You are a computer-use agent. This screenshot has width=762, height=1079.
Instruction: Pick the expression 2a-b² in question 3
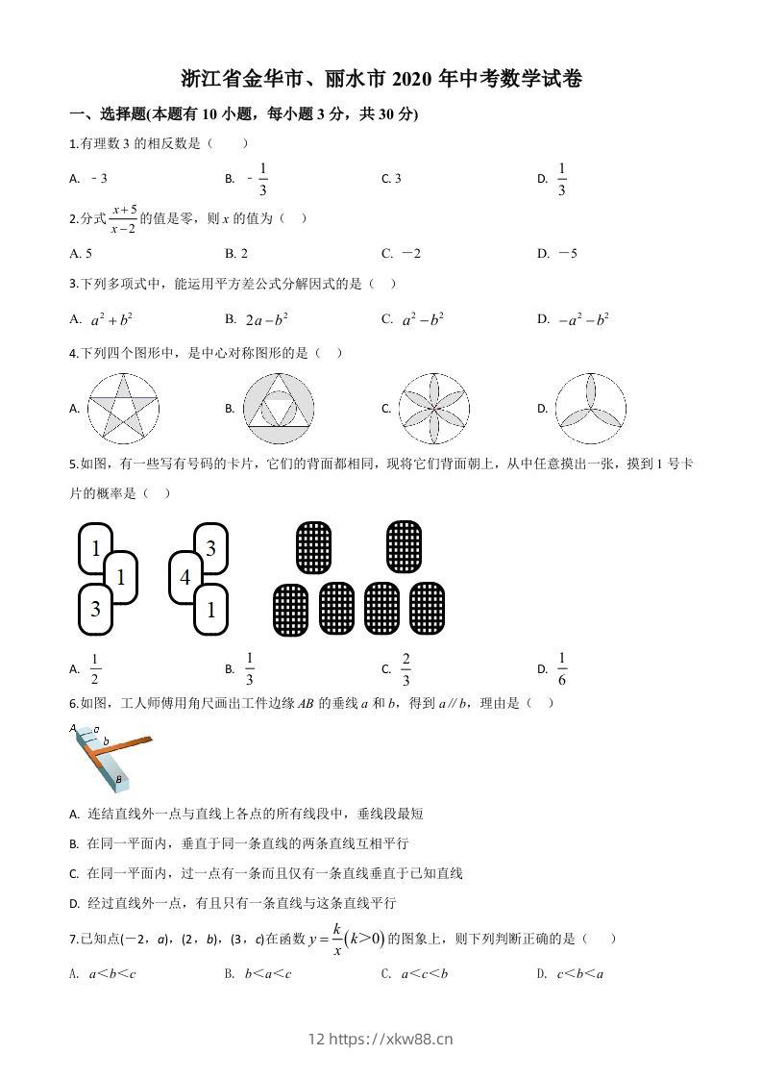pyautogui.click(x=267, y=319)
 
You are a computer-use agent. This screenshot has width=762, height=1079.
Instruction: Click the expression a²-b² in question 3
pyautogui.click(x=422, y=319)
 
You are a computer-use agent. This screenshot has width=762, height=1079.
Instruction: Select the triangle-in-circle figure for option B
pyautogui.click(x=280, y=408)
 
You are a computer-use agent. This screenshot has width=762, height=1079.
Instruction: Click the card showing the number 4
pyautogui.click(x=185, y=577)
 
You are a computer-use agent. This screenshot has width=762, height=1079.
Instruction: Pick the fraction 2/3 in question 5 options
pyautogui.click(x=406, y=667)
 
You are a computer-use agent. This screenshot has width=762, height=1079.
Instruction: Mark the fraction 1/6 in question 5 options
pyautogui.click(x=562, y=667)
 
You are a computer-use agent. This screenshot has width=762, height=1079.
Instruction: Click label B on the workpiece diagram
pyautogui.click(x=118, y=779)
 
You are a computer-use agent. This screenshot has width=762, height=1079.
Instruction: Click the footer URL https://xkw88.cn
pyautogui.click(x=390, y=1039)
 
